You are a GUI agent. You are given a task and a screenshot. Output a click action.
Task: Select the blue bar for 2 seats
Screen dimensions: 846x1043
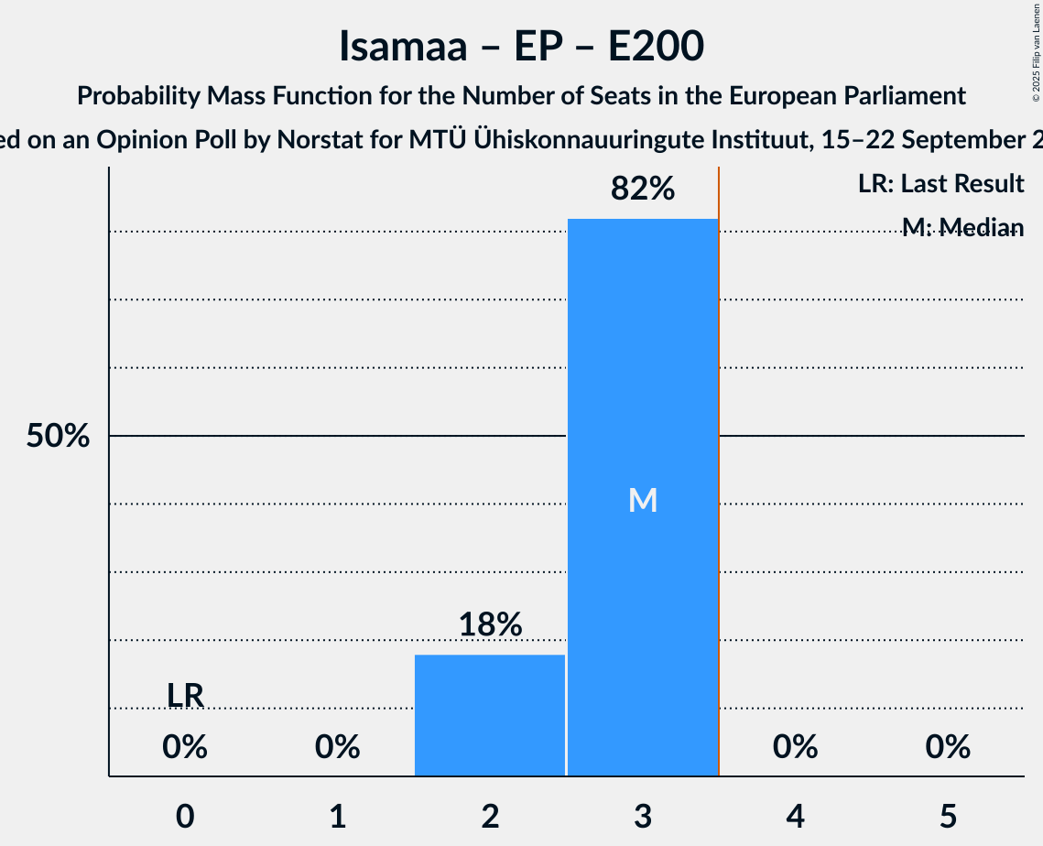[490, 715]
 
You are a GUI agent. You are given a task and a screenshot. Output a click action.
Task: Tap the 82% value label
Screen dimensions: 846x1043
[643, 190]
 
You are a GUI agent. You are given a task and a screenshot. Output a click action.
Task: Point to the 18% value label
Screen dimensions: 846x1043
[490, 625]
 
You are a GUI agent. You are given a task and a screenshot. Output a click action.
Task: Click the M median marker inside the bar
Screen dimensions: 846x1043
[643, 500]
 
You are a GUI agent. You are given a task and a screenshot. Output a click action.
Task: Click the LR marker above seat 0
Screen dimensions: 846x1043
[185, 696]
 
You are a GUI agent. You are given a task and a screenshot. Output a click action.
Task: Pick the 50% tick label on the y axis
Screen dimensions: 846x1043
[58, 437]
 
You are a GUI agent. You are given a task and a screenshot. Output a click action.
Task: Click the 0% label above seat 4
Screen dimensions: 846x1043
[795, 748]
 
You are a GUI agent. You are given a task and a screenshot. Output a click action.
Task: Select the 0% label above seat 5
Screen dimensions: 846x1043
[948, 748]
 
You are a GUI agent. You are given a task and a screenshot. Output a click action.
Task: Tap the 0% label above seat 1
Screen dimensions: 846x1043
[338, 748]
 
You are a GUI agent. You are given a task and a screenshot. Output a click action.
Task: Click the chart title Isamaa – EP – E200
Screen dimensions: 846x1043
[521, 47]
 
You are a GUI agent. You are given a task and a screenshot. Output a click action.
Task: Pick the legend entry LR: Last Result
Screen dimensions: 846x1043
[940, 184]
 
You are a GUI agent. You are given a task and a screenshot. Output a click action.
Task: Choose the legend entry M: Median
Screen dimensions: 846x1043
[962, 227]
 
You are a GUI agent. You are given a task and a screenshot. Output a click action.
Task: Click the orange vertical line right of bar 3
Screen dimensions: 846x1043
[719, 458]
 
